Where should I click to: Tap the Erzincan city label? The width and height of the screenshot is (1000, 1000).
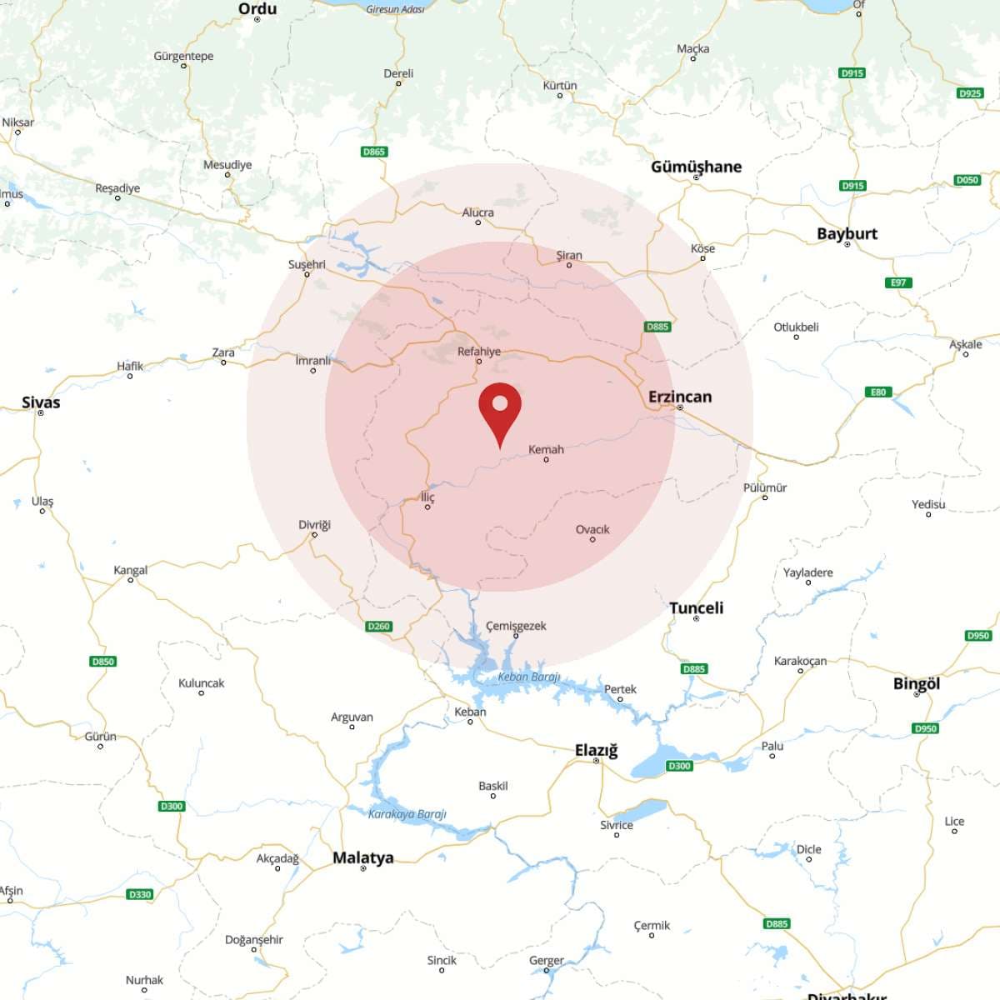[680, 397]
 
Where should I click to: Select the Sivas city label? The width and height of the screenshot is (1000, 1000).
[41, 402]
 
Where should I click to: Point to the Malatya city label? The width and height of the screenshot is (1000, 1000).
[362, 857]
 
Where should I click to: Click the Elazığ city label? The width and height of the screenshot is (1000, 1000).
[596, 750]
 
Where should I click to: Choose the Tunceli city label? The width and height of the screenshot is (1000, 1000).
[696, 607]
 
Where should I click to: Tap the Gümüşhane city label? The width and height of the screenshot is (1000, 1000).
[696, 167]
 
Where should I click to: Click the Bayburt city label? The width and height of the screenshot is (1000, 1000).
[847, 233]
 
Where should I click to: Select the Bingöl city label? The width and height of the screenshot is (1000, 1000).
[916, 683]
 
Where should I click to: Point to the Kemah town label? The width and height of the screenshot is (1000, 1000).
[546, 449]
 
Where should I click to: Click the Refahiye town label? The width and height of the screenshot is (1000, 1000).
[479, 352]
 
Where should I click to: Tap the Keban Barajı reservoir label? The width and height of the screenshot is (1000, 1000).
[529, 677]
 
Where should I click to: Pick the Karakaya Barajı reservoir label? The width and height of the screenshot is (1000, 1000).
[407, 814]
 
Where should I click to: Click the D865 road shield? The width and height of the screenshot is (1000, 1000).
[374, 152]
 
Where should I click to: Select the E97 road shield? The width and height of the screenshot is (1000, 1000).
[898, 282]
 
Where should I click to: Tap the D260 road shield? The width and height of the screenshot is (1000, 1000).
[378, 626]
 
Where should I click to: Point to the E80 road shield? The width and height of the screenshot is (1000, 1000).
[878, 392]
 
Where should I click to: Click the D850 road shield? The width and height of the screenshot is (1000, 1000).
[102, 662]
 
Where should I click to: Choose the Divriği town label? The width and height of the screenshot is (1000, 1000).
[314, 525]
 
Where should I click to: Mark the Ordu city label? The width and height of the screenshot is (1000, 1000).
[257, 9]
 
